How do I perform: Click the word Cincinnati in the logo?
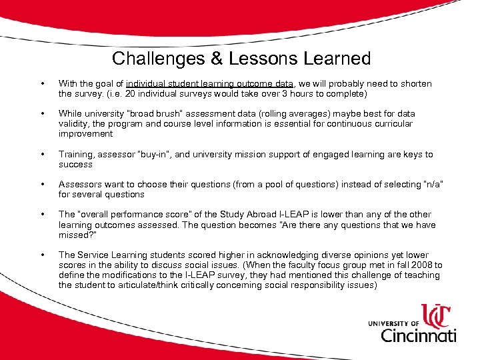418,334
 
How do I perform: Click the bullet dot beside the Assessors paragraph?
43,185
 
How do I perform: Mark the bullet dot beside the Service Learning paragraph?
43,255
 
